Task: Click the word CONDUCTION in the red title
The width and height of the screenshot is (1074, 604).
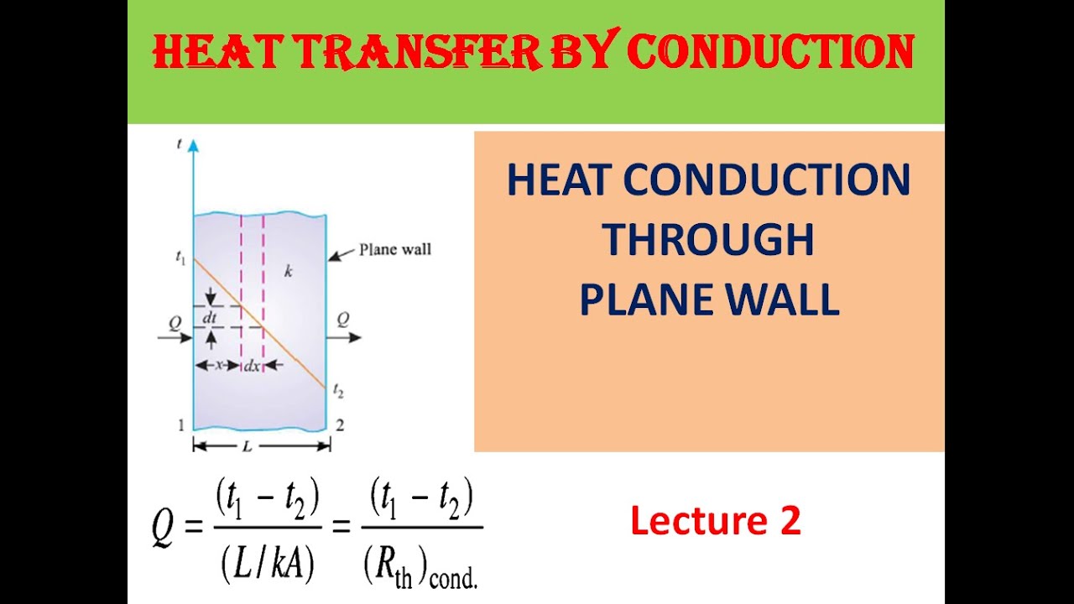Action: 770,52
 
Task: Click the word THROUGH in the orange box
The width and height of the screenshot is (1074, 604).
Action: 709,240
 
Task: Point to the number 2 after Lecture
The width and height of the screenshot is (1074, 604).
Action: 790,521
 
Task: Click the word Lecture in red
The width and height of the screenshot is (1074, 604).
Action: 698,521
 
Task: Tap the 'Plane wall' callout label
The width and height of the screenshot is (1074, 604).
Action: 394,249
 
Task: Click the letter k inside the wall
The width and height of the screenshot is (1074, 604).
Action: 288,272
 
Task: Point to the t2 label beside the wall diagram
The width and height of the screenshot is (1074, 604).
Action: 337,389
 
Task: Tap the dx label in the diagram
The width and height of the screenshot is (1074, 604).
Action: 252,366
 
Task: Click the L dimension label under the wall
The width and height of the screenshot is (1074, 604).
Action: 247,446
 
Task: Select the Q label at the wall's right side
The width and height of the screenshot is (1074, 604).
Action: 343,319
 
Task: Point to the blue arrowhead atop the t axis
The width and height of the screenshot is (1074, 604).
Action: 194,146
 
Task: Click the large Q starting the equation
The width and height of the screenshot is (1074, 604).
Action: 164,528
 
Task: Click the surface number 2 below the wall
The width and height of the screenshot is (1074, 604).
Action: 340,425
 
